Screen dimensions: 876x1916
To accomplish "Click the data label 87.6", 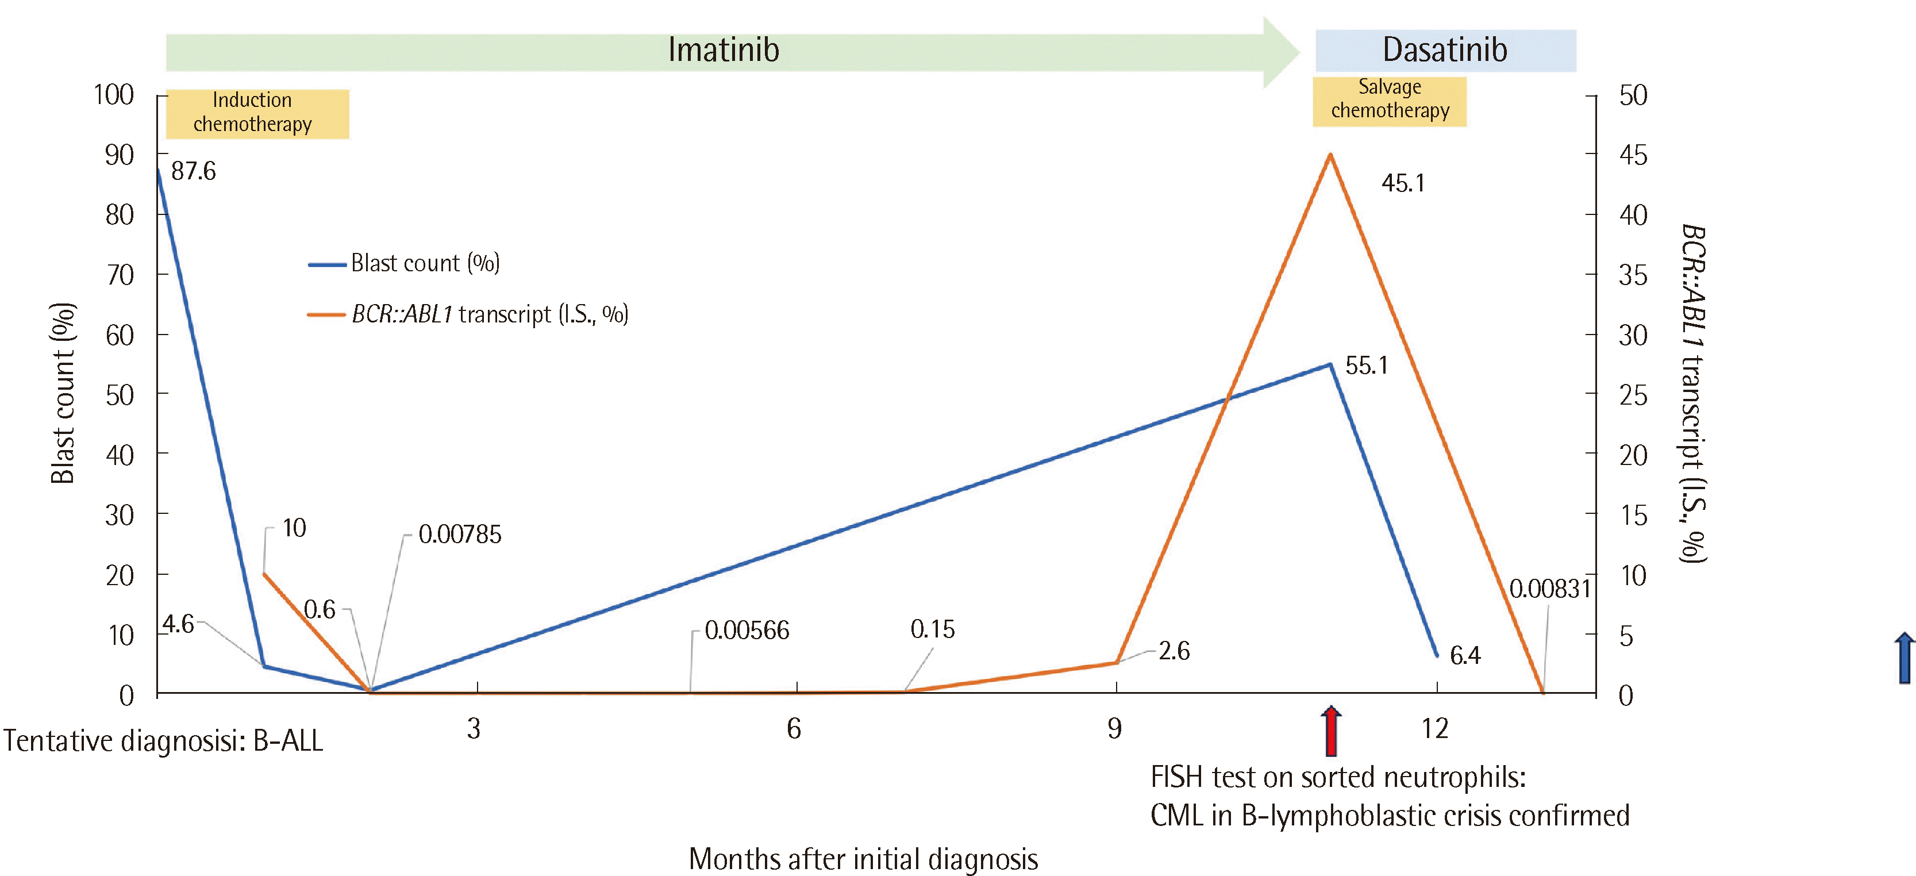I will pos(194,171).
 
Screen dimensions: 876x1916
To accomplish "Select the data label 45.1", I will pos(1403,183).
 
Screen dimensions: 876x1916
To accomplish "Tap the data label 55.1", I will pos(1367,365).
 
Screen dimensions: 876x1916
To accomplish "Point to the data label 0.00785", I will pos(460,534).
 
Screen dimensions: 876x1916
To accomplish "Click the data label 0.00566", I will pos(747,631).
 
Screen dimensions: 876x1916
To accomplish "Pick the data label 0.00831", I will pos(1550,589).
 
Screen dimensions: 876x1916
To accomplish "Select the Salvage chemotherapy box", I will pos(1390,99).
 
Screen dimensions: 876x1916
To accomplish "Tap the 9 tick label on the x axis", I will pos(1114,729).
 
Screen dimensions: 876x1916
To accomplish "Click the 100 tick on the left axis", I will pos(114,95).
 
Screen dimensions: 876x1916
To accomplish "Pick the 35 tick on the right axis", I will pos(1633,276).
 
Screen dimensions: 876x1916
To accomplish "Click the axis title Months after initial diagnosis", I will pos(863,859).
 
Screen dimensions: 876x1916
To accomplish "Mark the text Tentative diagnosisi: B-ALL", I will pos(164,741).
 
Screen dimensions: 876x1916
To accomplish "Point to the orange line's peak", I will pos(1330,155).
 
